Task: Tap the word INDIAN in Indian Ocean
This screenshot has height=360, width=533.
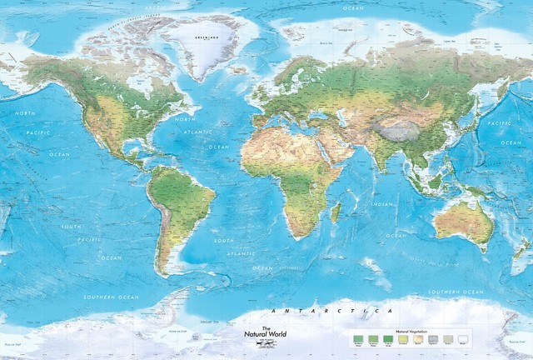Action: pos(382,204)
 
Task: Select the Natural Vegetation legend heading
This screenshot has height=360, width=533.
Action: pos(412,331)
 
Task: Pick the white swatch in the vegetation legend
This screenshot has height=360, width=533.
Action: pos(463,338)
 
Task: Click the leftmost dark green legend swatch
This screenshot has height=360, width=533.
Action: pos(358,338)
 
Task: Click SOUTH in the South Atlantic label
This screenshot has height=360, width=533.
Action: pos(223,241)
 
